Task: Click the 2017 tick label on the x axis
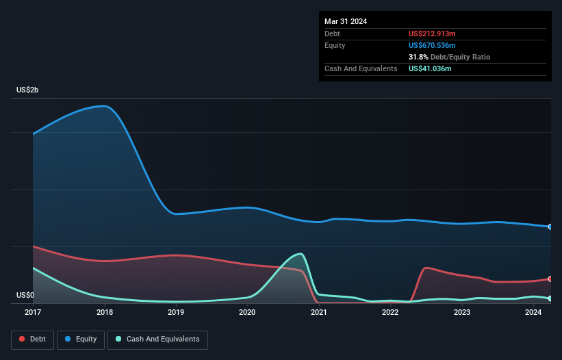(x=33, y=312)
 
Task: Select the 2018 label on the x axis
(x=105, y=312)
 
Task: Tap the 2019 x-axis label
(x=176, y=312)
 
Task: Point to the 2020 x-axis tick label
(x=247, y=312)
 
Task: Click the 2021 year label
(x=318, y=312)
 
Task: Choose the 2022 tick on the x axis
(x=390, y=312)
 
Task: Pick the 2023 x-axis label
(x=461, y=312)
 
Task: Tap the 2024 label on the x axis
(x=533, y=312)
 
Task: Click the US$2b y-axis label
(x=29, y=90)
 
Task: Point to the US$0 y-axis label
(x=26, y=296)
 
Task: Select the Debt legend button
(x=31, y=339)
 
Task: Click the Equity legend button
(x=80, y=339)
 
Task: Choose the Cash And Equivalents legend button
(x=157, y=339)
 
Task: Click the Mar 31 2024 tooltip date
(x=346, y=21)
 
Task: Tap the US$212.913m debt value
(x=433, y=34)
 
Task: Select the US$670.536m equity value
(x=433, y=45)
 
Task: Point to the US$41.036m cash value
(x=430, y=68)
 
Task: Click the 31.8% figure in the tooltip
(x=419, y=57)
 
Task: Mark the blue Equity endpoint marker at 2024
(x=550, y=227)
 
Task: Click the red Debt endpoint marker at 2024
(x=550, y=279)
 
